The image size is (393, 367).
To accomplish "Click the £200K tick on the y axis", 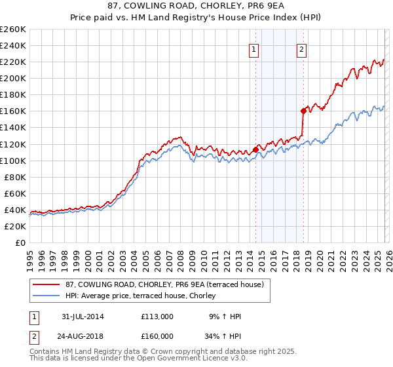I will point(13,78).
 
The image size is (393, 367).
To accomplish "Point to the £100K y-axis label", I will point(13,161).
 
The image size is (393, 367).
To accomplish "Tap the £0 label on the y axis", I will point(20,242).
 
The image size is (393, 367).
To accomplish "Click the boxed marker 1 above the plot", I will point(253,48).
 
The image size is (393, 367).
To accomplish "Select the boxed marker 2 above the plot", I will point(301,48).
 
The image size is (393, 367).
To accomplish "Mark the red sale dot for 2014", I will point(255,149).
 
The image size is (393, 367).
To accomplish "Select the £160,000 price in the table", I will point(157,338).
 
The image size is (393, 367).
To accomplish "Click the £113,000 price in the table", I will point(157,317).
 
